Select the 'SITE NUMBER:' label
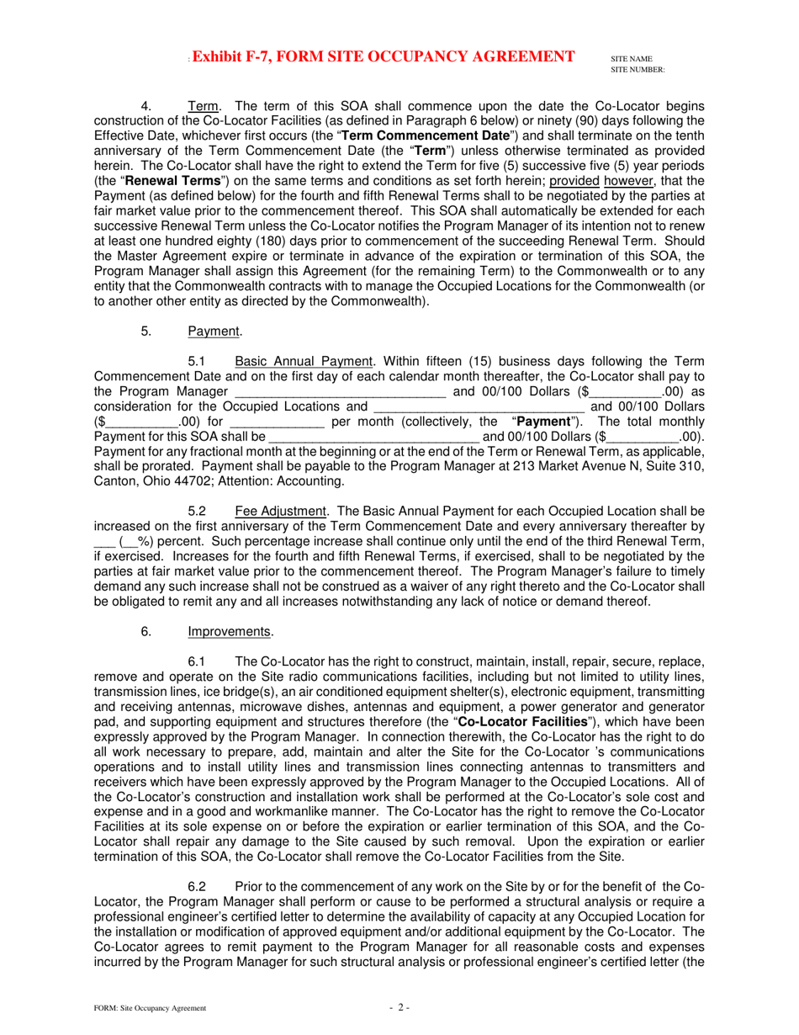pos(638,69)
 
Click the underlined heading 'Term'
pos(204,107)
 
